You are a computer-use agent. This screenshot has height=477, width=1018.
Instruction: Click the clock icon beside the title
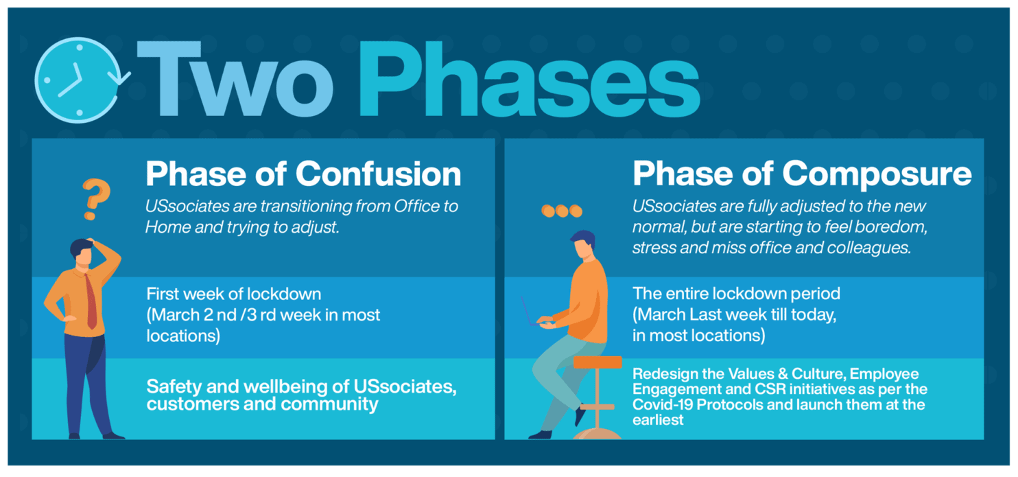(x=80, y=80)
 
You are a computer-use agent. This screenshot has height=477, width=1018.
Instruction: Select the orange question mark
(x=96, y=199)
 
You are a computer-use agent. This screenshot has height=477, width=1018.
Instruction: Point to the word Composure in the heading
(x=877, y=174)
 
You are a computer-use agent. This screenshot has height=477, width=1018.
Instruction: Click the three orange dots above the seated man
(x=562, y=211)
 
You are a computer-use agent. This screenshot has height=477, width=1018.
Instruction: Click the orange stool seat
(x=597, y=362)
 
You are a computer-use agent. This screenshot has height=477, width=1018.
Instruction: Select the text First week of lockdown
(x=234, y=294)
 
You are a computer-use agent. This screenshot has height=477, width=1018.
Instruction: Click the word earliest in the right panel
(x=658, y=420)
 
